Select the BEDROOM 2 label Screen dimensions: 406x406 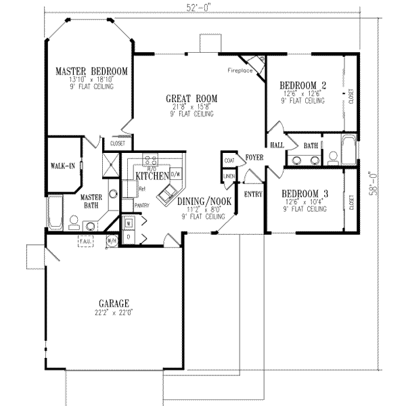pyautogui.click(x=304, y=85)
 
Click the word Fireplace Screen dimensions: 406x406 pyautogui.click(x=241, y=70)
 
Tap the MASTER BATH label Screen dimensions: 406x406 pyautogui.click(x=91, y=201)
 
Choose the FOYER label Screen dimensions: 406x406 pyautogui.click(x=254, y=158)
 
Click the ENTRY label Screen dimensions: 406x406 pyautogui.click(x=252, y=194)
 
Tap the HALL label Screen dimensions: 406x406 pyautogui.click(x=277, y=145)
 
